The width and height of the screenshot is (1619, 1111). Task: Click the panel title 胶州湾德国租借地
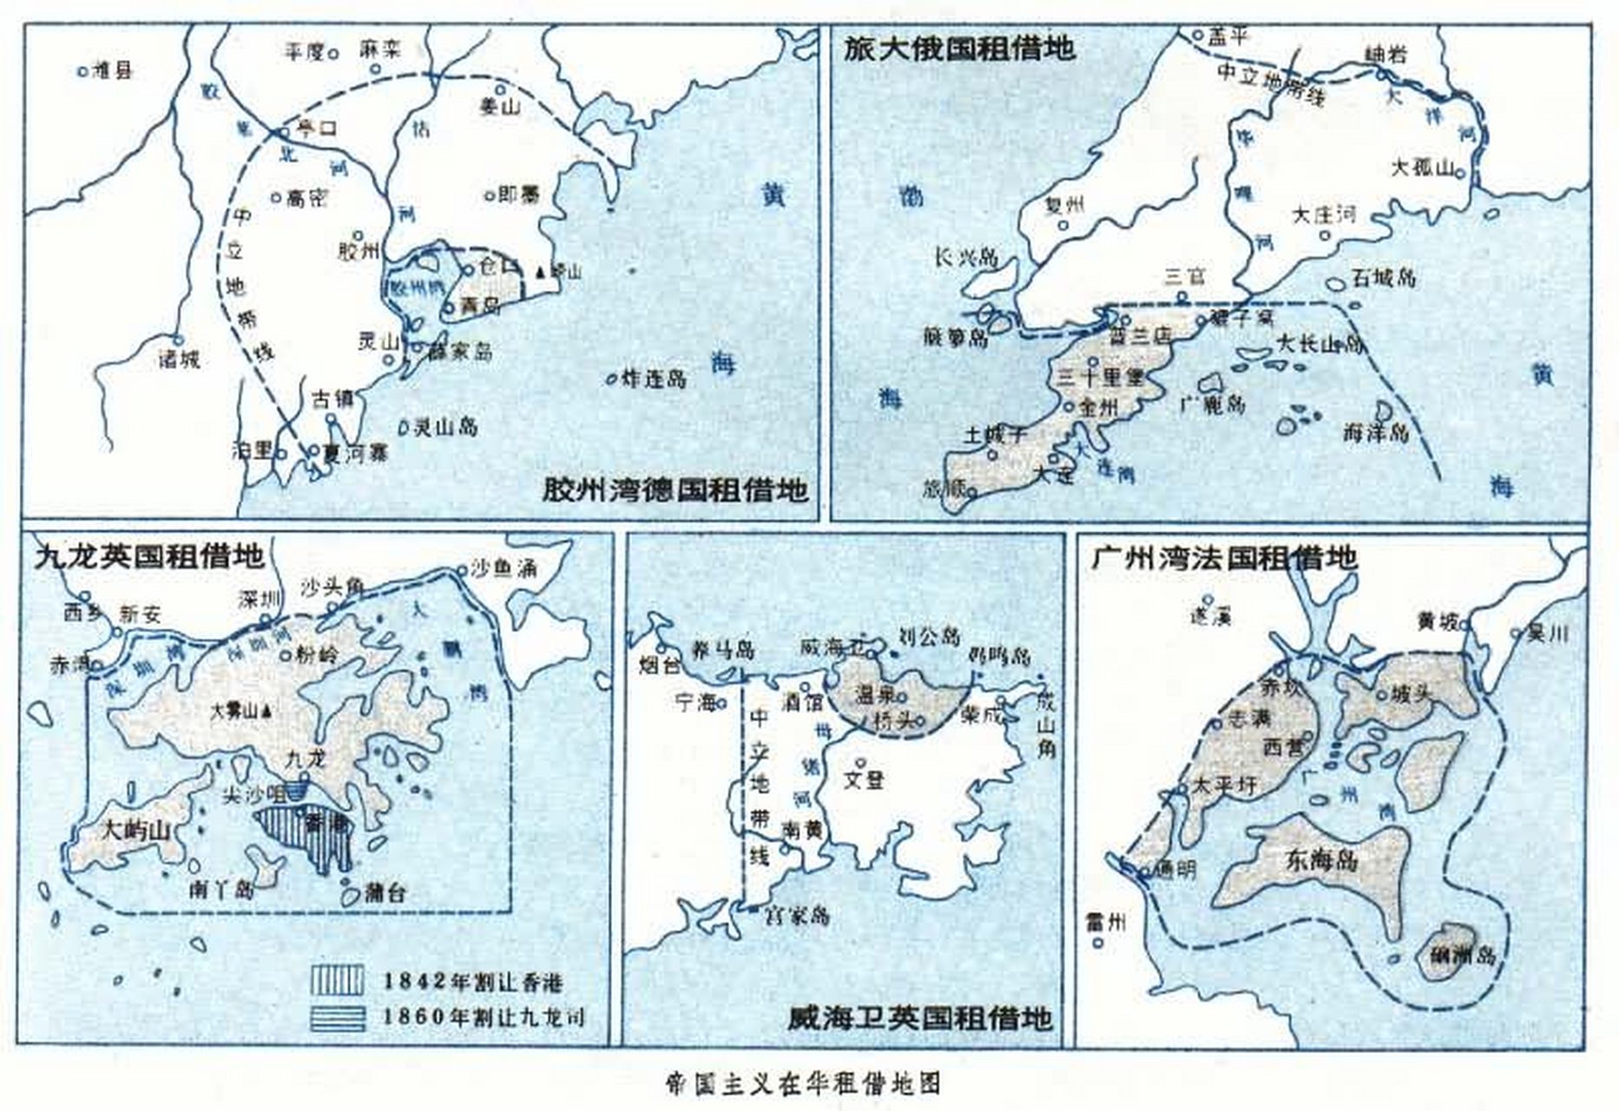click(x=675, y=490)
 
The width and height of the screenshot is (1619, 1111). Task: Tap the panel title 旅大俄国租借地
click(x=959, y=48)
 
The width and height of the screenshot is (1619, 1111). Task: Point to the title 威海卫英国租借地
click(x=920, y=1016)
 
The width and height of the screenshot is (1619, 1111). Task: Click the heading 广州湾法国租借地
click(x=1223, y=556)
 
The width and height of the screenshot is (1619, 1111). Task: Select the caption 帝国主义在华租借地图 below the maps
click(x=803, y=1082)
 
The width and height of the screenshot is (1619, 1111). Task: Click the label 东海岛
click(x=1322, y=860)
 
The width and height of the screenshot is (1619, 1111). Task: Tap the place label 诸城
click(x=179, y=358)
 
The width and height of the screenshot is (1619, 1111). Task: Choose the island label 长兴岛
click(x=966, y=257)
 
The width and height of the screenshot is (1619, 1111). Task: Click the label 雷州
click(x=1105, y=922)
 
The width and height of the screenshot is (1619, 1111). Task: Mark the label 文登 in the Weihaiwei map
click(x=864, y=779)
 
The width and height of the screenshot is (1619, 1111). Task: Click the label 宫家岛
click(x=795, y=914)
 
